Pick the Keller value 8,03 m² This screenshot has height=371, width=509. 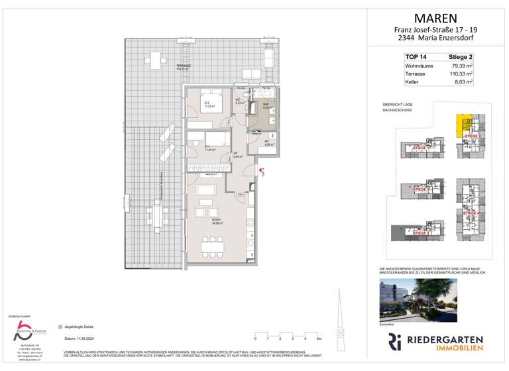point(462,83)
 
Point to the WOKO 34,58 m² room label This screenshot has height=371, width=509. point(217,222)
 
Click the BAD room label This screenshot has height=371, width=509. point(265,104)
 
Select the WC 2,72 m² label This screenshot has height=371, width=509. point(239,103)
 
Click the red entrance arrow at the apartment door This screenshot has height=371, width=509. point(263,170)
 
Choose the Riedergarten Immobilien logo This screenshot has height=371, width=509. point(435,343)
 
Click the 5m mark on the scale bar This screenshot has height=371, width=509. point(319,338)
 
